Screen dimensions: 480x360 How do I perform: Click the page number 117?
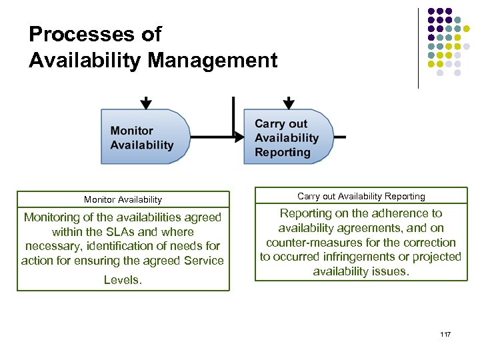pyautogui.click(x=446, y=333)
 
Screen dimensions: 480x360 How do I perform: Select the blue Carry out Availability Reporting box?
pyautogui.click(x=287, y=137)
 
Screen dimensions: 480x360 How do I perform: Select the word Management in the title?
pyautogui.click(x=213, y=61)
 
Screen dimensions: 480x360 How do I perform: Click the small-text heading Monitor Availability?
pyautogui.click(x=123, y=199)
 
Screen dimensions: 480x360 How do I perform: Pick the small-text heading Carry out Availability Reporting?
pyautogui.click(x=361, y=196)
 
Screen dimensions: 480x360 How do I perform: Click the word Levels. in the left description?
pyautogui.click(x=123, y=280)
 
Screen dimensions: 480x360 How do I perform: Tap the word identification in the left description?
pyautogui.click(x=141, y=246)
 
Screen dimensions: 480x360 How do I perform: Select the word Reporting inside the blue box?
pyautogui.click(x=282, y=152)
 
